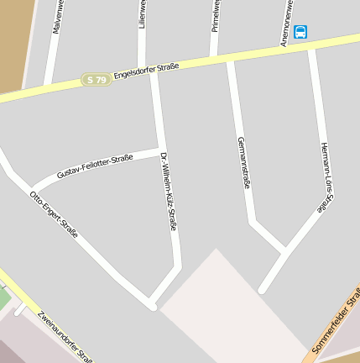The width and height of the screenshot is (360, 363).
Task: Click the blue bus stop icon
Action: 300,32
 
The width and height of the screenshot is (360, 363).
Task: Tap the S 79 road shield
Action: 97,80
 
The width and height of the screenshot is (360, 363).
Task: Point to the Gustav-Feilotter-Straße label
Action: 95,166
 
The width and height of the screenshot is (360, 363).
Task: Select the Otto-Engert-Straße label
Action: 54,213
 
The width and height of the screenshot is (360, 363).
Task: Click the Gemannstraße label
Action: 243,161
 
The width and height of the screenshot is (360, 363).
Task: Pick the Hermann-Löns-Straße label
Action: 327,176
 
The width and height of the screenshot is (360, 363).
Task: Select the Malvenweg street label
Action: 58,17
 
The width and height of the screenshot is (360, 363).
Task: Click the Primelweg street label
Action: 216,15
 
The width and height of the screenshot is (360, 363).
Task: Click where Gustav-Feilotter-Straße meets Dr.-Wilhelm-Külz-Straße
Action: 159,150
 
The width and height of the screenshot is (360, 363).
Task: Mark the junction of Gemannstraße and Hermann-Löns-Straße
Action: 284,250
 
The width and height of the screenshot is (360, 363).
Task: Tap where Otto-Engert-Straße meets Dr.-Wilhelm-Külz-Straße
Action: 152,302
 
